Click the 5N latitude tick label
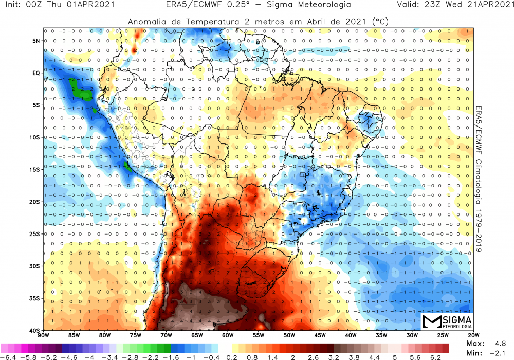[x=36, y=41]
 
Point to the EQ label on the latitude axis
[x=36, y=73]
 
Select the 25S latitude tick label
[x=35, y=234]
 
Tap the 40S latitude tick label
[x=35, y=330]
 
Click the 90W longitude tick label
[x=43, y=335]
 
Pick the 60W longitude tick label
[x=227, y=335]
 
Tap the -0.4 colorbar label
[x=212, y=357]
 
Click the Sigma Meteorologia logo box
[x=445, y=321]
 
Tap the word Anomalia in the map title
[x=147, y=22]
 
